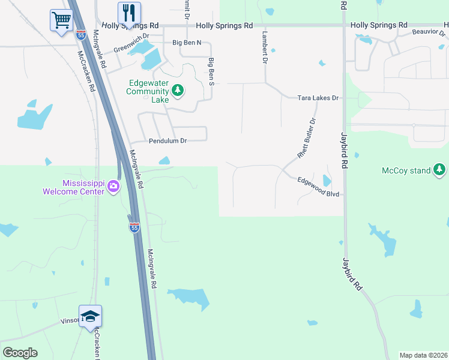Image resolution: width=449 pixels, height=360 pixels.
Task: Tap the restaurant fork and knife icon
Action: (x=129, y=12)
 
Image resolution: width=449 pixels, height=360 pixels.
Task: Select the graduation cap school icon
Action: (x=90, y=316)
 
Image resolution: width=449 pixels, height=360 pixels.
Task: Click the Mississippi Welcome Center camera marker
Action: (x=113, y=187)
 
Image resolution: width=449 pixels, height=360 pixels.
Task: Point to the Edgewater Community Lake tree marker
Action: (x=177, y=91)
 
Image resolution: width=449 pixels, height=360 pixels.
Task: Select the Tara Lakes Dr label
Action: (x=319, y=98)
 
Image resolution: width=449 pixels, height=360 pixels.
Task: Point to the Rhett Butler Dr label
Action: (x=307, y=139)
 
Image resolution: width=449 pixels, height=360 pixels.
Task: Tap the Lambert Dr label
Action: (x=263, y=48)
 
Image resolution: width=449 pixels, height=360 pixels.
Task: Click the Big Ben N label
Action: (x=187, y=43)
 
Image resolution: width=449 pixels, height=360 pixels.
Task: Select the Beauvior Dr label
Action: (x=430, y=32)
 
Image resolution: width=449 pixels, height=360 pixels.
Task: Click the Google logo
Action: (x=20, y=353)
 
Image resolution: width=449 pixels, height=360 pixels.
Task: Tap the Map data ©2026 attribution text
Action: (x=424, y=355)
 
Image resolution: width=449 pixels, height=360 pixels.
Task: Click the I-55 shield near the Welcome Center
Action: (x=134, y=227)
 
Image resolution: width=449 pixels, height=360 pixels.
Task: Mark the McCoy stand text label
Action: (x=406, y=170)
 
